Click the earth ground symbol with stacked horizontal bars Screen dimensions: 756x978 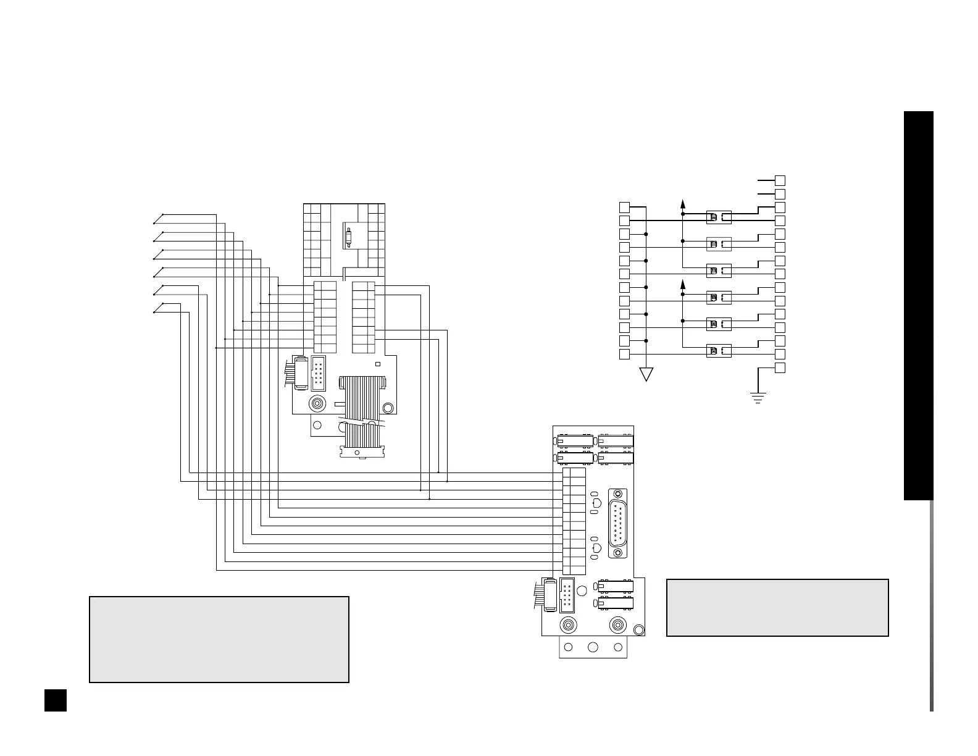click(758, 397)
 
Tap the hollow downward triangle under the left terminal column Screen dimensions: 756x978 click(646, 374)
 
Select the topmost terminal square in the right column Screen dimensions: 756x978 click(780, 180)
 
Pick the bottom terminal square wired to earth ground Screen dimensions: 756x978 click(780, 368)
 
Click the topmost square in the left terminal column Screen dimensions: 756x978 click(625, 207)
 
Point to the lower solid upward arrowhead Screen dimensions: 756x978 click(683, 284)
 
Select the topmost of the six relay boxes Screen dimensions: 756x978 click(719, 217)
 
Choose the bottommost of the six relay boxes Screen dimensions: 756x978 click(719, 351)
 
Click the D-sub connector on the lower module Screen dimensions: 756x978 click(618, 523)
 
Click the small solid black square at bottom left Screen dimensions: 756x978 click(56, 700)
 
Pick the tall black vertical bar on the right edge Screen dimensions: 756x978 click(918, 305)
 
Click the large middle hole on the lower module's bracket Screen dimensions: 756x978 click(593, 647)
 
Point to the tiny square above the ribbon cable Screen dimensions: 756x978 click(378, 364)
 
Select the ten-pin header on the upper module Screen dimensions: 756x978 click(319, 372)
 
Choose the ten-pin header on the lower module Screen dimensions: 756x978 click(567, 595)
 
